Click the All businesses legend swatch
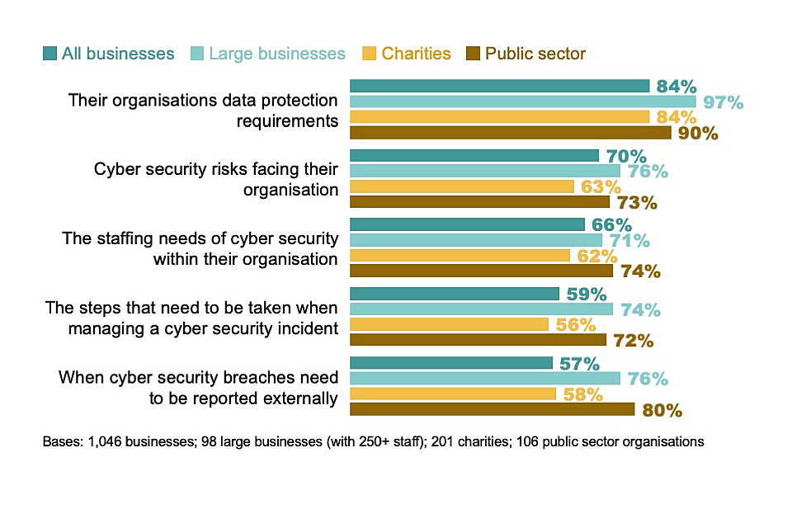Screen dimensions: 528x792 51,54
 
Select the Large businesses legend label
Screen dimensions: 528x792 277,54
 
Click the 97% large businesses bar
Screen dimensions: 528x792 522,101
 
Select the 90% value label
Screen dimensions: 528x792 698,133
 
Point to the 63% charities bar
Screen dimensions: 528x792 461,186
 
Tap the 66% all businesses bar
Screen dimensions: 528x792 467,224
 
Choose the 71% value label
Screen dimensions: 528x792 629,241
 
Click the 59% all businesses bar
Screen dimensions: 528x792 455,294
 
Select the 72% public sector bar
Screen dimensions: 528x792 478,340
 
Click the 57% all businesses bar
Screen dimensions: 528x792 451,363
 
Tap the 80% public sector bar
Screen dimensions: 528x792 492,409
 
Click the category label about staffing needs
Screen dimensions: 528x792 200,248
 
